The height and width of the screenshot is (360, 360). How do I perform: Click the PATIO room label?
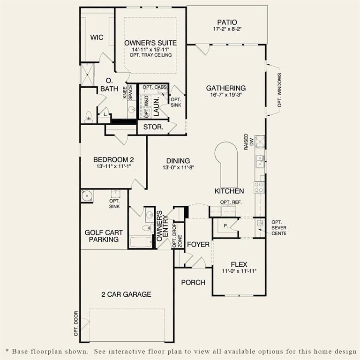click(x=227, y=22)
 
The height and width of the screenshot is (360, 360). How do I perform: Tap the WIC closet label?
click(x=97, y=37)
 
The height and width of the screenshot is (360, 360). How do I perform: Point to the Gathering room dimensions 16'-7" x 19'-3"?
click(x=226, y=95)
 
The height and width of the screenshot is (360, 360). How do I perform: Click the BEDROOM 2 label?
click(x=111, y=160)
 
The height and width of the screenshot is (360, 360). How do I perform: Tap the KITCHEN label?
click(x=229, y=191)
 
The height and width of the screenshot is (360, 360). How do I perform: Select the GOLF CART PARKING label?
click(x=102, y=236)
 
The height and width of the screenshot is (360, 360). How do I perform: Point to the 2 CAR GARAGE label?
click(x=127, y=294)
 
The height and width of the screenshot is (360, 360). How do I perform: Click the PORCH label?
click(x=193, y=282)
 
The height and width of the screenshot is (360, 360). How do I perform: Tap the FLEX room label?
click(x=239, y=264)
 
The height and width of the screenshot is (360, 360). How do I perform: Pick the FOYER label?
click(x=198, y=245)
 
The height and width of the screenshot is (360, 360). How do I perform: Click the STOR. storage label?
click(x=153, y=127)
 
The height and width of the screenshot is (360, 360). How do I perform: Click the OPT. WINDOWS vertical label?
click(x=279, y=90)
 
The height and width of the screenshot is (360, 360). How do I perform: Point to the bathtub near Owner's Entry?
click(x=142, y=242)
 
